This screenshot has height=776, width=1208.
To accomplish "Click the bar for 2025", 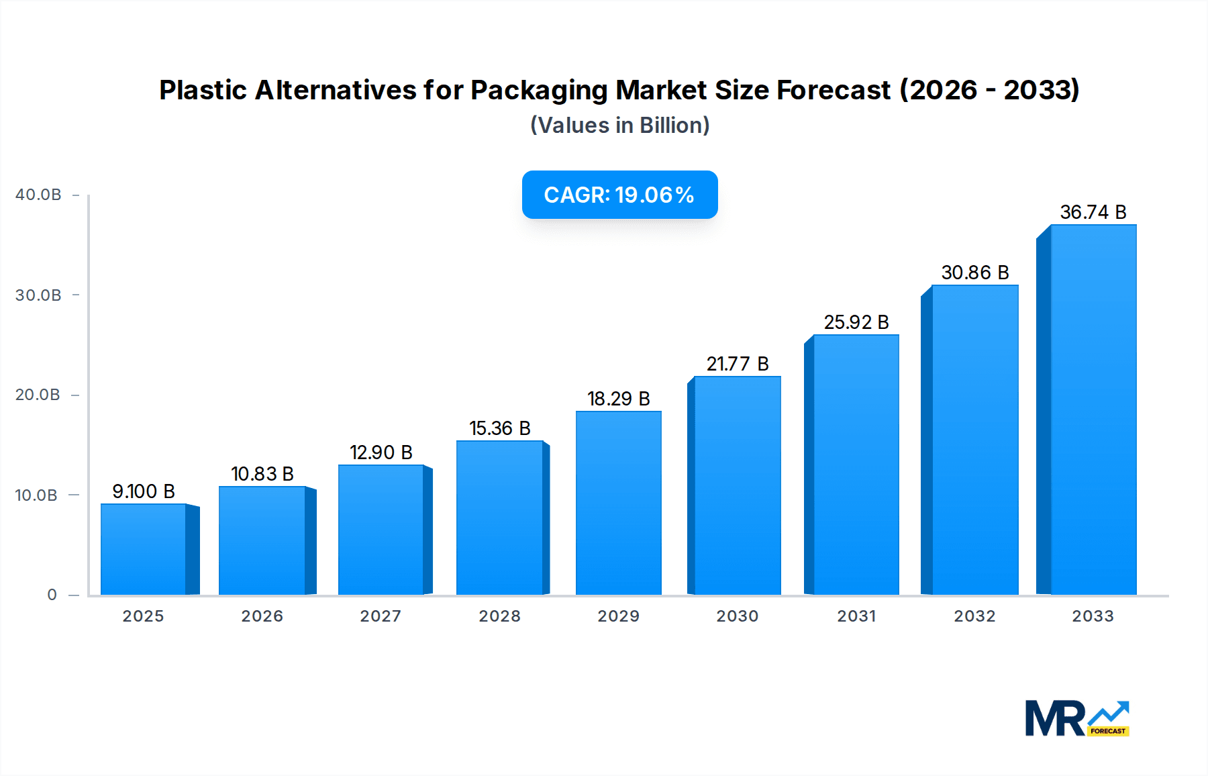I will (144, 549).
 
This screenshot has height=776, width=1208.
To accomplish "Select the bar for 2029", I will (618, 503).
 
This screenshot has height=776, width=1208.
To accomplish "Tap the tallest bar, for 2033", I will (1093, 409).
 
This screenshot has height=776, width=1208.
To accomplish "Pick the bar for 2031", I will (856, 465).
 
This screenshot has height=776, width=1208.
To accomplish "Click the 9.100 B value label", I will (144, 491).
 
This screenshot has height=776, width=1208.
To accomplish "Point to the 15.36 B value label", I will (500, 428).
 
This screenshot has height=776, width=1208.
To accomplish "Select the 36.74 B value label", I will (1093, 212).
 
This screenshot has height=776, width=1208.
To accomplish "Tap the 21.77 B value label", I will (737, 364).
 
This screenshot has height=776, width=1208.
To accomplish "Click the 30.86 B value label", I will (974, 273).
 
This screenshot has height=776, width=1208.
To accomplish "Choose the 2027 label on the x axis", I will (381, 616).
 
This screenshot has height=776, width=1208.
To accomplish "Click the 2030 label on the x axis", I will (737, 616).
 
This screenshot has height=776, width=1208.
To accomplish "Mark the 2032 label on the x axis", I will (974, 616).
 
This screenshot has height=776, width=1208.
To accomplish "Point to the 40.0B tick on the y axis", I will (38, 195).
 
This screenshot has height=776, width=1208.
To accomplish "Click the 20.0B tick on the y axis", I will (38, 395).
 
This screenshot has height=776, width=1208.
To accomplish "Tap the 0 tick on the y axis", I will (52, 595).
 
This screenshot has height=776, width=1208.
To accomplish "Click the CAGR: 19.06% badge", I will (619, 195).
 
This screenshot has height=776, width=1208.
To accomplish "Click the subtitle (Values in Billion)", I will (619, 126).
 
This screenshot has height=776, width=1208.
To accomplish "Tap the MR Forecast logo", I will (1076, 718).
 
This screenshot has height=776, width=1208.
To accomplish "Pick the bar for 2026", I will (262, 540).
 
